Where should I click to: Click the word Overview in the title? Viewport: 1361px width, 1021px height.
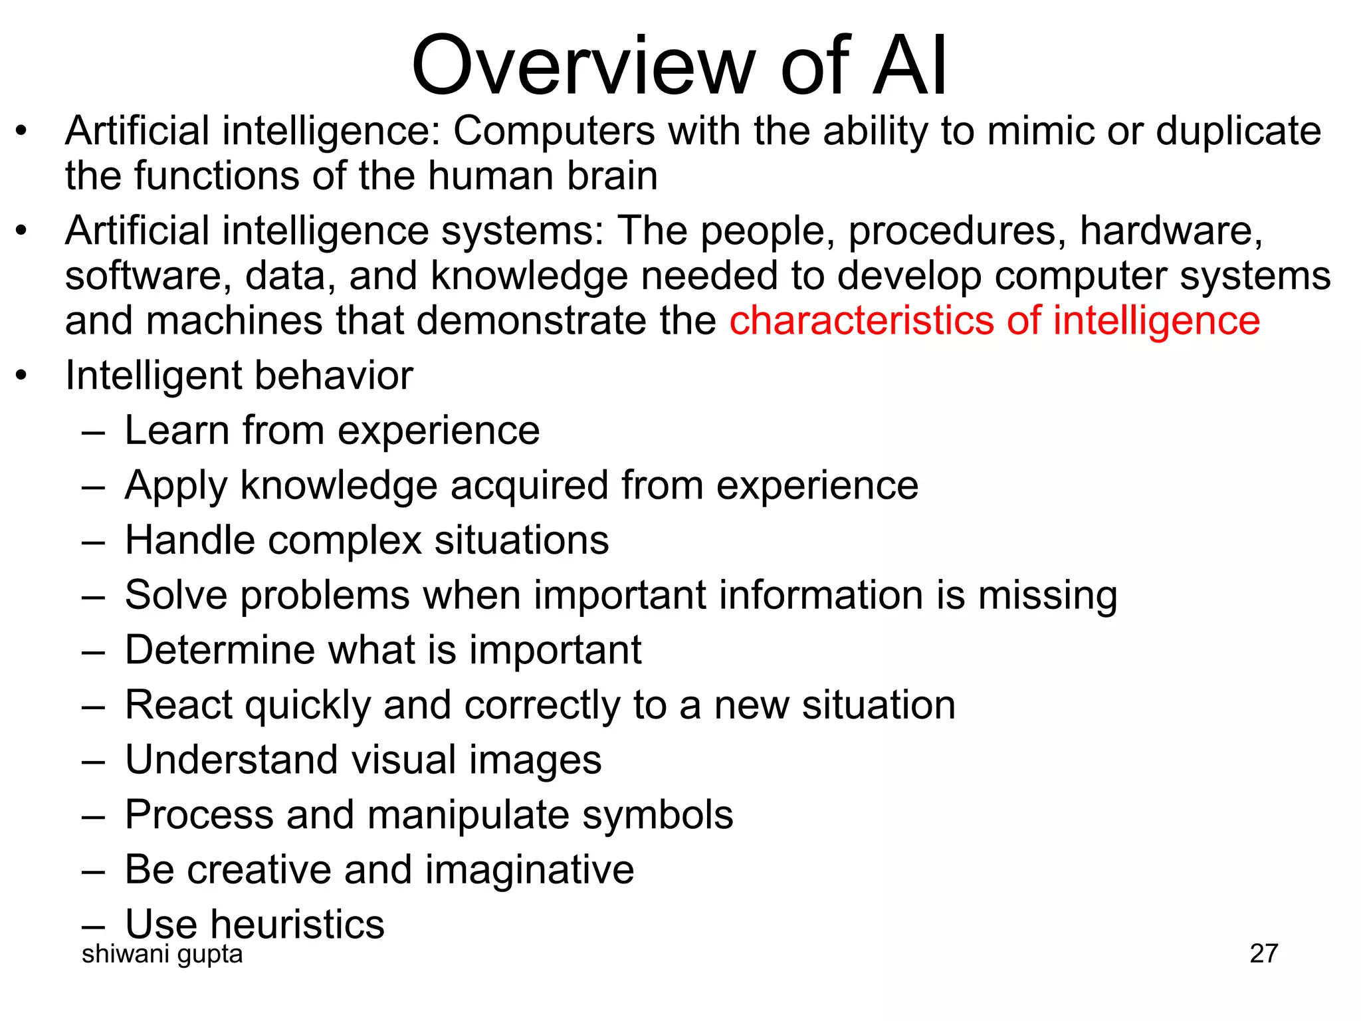(583, 66)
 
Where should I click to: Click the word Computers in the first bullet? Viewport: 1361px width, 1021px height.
(554, 131)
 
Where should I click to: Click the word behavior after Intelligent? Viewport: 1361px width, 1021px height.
(334, 376)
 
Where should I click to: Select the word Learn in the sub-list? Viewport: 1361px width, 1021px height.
(176, 431)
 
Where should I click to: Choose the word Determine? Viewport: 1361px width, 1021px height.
(219, 650)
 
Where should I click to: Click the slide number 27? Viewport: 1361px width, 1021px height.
(1263, 954)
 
